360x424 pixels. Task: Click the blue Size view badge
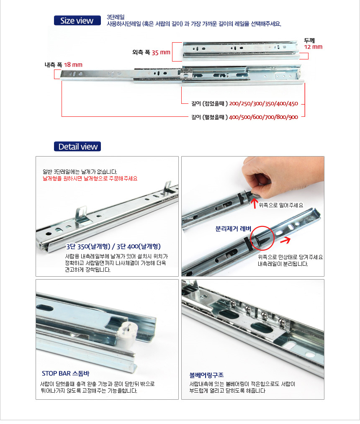pos(77,21)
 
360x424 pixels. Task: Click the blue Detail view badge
pos(77,146)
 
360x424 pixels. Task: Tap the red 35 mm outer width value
pos(161,52)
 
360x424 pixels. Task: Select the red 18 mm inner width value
pos(73,64)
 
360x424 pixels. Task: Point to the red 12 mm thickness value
pos(313,47)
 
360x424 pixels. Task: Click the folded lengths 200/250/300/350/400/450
pos(263,103)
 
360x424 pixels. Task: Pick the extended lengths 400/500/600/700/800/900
pos(263,117)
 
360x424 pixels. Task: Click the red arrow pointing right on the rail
pos(285,240)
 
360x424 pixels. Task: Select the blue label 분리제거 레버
pos(233,229)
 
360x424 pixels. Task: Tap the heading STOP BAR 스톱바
pos(65,373)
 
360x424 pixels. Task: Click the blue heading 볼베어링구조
pos(206,375)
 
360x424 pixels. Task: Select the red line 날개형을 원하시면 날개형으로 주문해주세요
pos(90,178)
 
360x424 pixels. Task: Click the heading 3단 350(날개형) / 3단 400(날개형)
pos(113,247)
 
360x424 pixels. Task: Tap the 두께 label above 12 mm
pos(309,41)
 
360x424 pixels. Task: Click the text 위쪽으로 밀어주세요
pos(281,205)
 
